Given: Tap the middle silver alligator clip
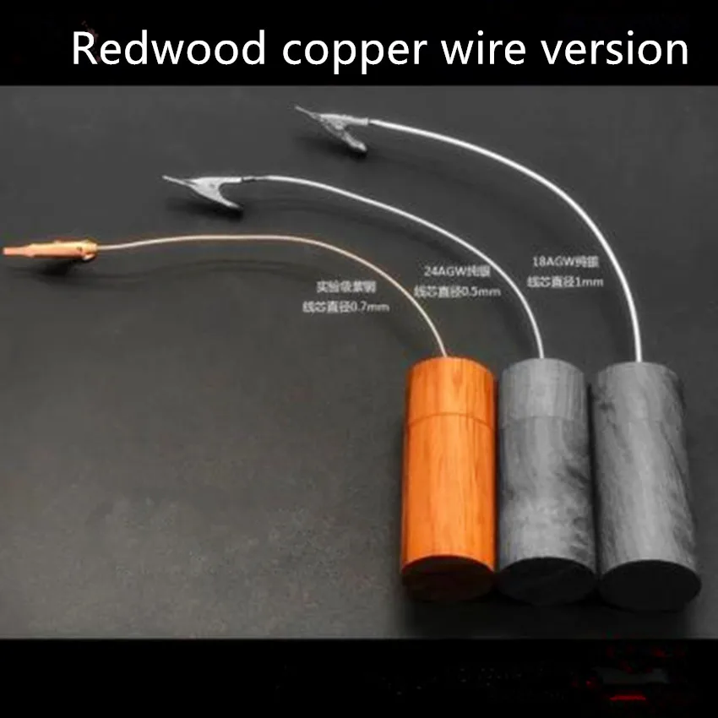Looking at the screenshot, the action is [x=203, y=187].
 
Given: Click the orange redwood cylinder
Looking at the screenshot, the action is [x=449, y=473].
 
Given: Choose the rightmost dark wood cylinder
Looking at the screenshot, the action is [x=642, y=473].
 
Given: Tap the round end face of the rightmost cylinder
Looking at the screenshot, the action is [x=651, y=583].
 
